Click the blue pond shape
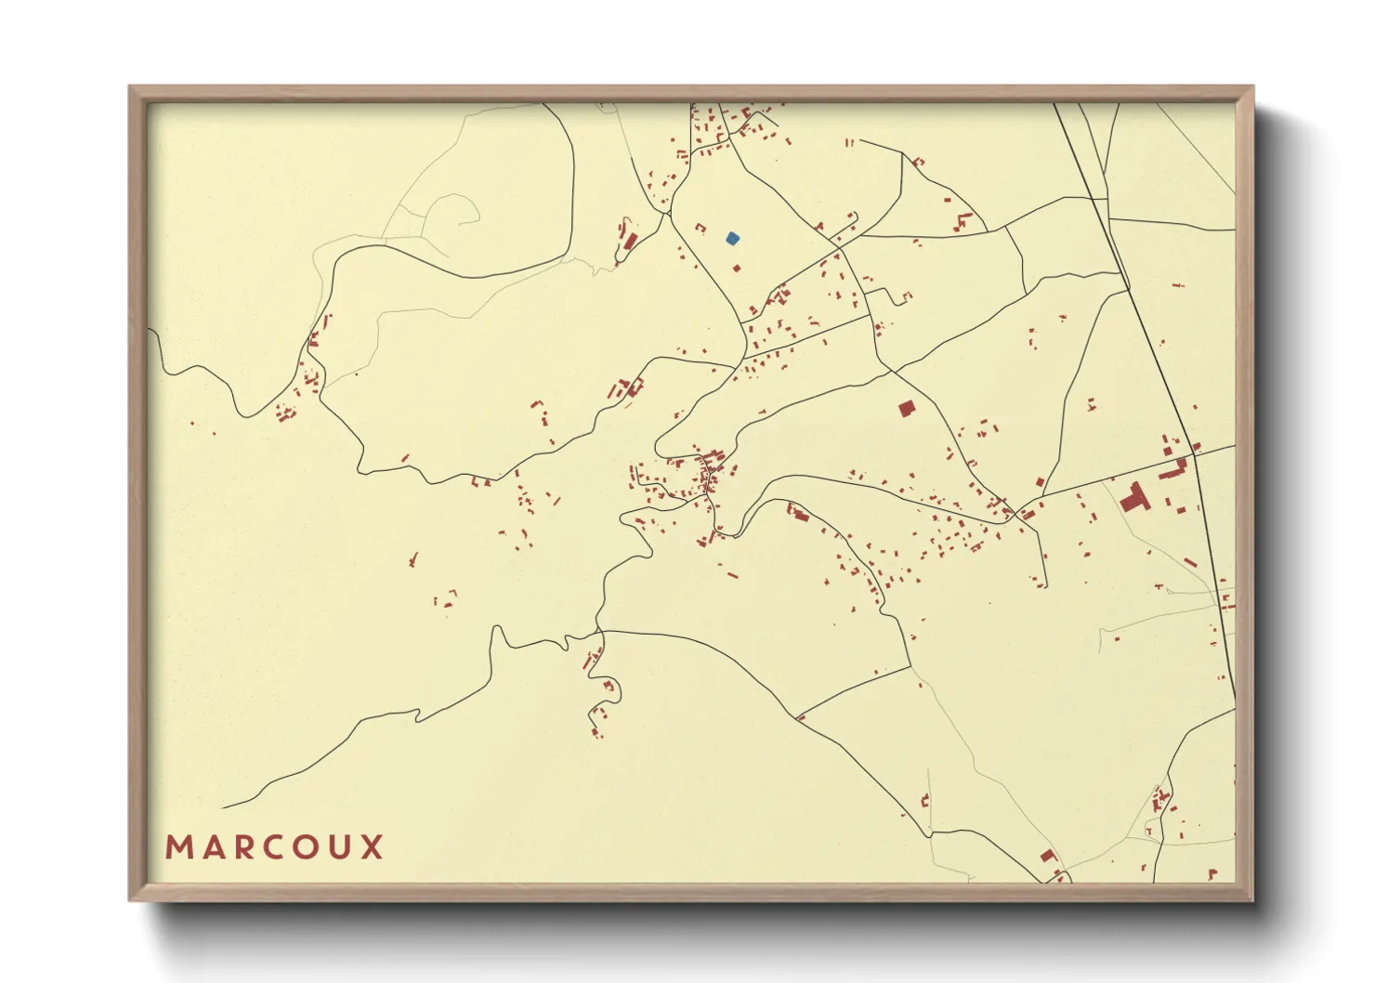(732, 239)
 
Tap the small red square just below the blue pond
(737, 269)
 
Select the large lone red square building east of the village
(906, 408)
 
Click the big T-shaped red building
(1134, 498)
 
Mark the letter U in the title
(341, 847)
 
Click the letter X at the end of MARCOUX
(373, 847)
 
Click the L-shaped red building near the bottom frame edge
(1049, 856)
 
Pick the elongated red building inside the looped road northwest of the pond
(630, 242)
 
